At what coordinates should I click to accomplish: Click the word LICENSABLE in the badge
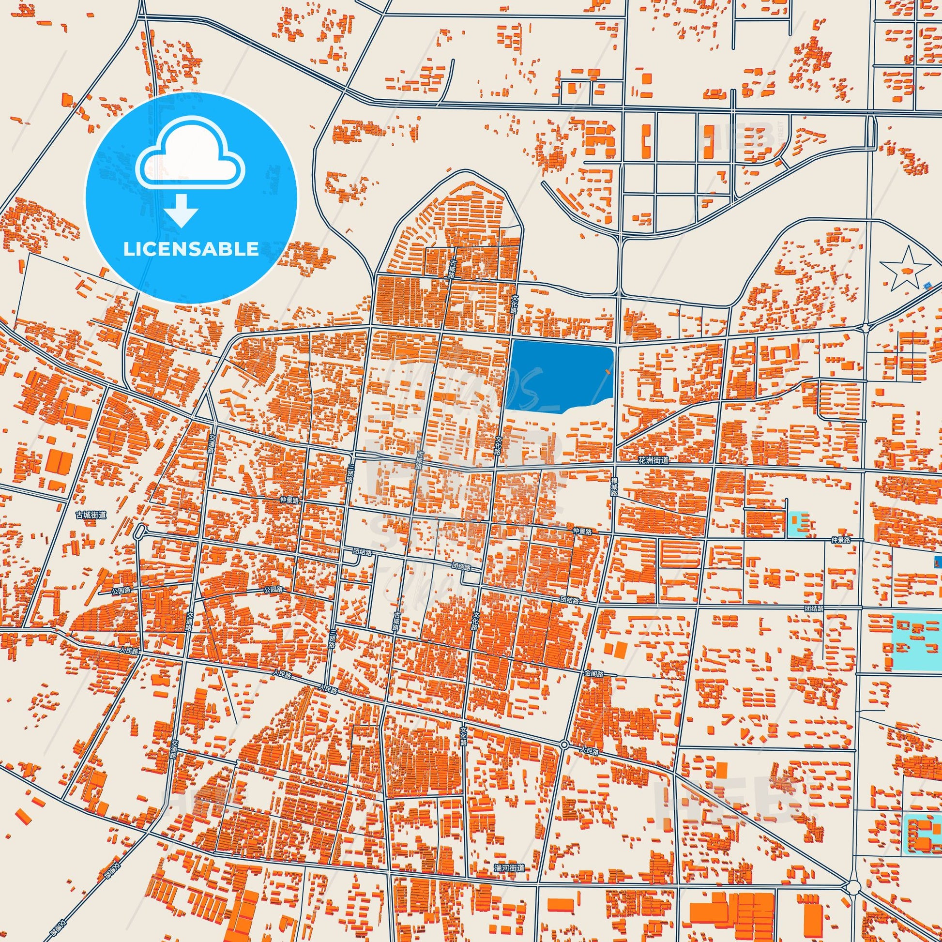(191, 249)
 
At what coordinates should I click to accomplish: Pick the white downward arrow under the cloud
(181, 211)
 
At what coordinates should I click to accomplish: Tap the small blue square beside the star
(927, 285)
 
